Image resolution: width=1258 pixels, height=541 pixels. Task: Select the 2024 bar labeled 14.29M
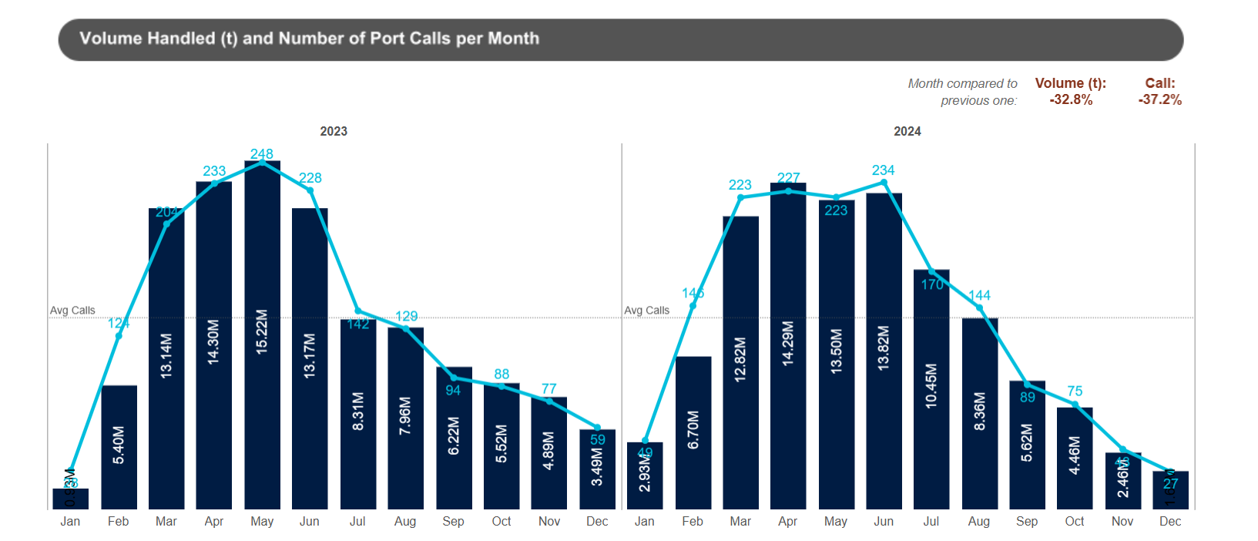pos(788,347)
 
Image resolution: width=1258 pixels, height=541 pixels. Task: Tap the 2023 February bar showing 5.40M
pos(119,447)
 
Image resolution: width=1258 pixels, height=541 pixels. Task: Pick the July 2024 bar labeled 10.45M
pos(931,389)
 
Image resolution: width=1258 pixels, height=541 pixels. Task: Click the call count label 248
pos(262,154)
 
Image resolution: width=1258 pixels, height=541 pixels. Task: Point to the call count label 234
pos(884,170)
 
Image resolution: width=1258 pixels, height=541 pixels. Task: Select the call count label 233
pos(214,171)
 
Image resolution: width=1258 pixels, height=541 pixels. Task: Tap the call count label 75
pos(1075,391)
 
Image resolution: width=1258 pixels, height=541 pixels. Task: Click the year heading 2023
pos(334,132)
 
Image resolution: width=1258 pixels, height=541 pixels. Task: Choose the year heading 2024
pos(907,132)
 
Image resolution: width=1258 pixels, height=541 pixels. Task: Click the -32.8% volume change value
pos(1071,100)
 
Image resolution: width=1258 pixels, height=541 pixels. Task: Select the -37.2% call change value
pos(1160,100)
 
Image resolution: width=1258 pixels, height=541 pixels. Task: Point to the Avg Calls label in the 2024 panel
pos(647,311)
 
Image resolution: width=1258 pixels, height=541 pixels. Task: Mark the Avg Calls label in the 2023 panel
pos(72,311)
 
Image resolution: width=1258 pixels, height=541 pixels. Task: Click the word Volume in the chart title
pos(109,39)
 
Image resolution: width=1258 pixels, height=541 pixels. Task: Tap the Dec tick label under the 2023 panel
pos(597,522)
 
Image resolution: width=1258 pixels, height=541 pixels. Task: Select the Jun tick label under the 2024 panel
pos(884,522)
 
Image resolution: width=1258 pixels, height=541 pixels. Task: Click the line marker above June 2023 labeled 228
pos(310,190)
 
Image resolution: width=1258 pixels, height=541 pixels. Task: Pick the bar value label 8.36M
pos(980,412)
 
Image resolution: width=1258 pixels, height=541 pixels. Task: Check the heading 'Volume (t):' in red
pos(1071,83)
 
